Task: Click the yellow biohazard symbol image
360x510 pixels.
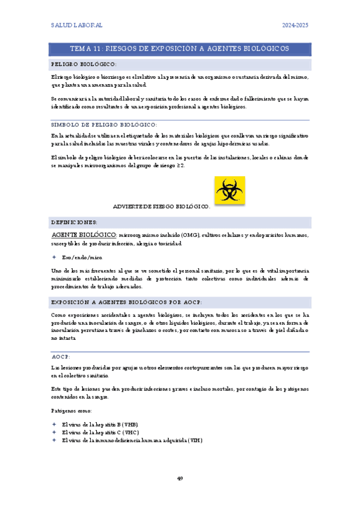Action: pos(230,191)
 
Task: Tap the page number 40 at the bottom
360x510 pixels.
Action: pos(180,478)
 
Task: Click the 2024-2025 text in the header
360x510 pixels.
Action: pos(295,25)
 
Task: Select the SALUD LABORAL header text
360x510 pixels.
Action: pos(76,25)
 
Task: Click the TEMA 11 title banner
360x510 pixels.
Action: pos(180,48)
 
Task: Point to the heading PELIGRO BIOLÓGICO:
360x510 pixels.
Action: pos(84,64)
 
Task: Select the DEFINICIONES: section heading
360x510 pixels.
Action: pos(75,222)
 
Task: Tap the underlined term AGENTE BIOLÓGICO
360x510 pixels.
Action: pos(84,234)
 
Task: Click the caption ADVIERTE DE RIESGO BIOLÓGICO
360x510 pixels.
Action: pos(161,206)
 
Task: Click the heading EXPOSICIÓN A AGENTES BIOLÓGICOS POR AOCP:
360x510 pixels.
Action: pos(126,302)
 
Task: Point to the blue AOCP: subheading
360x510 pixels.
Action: pos(61,357)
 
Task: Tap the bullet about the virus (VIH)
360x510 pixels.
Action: pos(132,440)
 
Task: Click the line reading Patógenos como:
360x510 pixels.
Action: pos(72,410)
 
